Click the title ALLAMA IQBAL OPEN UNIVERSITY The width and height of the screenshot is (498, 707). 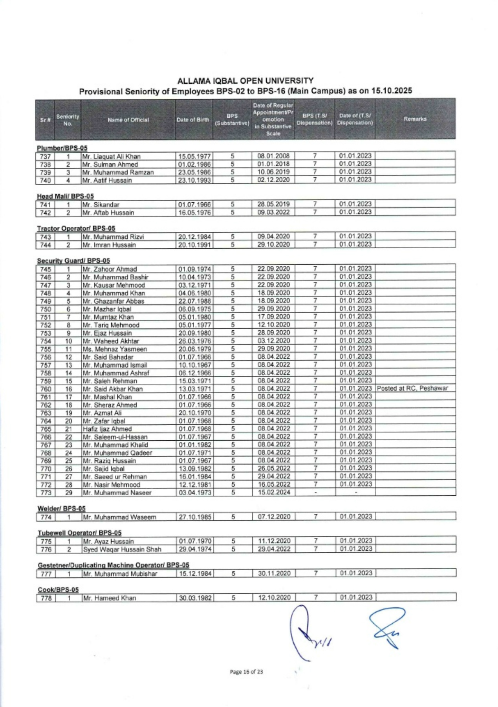(245, 81)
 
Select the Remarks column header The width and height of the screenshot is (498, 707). (415, 119)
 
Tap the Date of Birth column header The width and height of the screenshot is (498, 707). (193, 120)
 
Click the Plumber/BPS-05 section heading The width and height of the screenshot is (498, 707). (62, 148)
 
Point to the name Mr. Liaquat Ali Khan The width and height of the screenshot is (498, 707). (112, 157)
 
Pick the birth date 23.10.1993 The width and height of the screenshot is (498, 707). (194, 180)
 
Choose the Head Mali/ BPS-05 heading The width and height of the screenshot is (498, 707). (65, 196)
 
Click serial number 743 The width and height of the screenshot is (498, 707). (45, 237)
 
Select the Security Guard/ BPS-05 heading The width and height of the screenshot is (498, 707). (73, 260)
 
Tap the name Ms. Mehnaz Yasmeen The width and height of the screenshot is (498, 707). (115, 349)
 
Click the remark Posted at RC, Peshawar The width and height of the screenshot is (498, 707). (412, 388)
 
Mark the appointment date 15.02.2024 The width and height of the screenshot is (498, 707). (274, 492)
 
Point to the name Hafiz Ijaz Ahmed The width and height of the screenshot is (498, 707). (107, 429)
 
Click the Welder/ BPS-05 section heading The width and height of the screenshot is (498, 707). (61, 509)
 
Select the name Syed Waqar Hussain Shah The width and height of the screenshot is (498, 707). (122, 549)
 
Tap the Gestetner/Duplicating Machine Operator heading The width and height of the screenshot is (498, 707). (113, 565)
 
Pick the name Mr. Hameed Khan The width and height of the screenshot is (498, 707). (110, 598)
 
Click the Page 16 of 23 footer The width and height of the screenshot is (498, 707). (246, 672)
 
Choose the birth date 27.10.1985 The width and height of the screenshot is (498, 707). (195, 517)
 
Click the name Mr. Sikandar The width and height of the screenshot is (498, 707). (101, 205)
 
